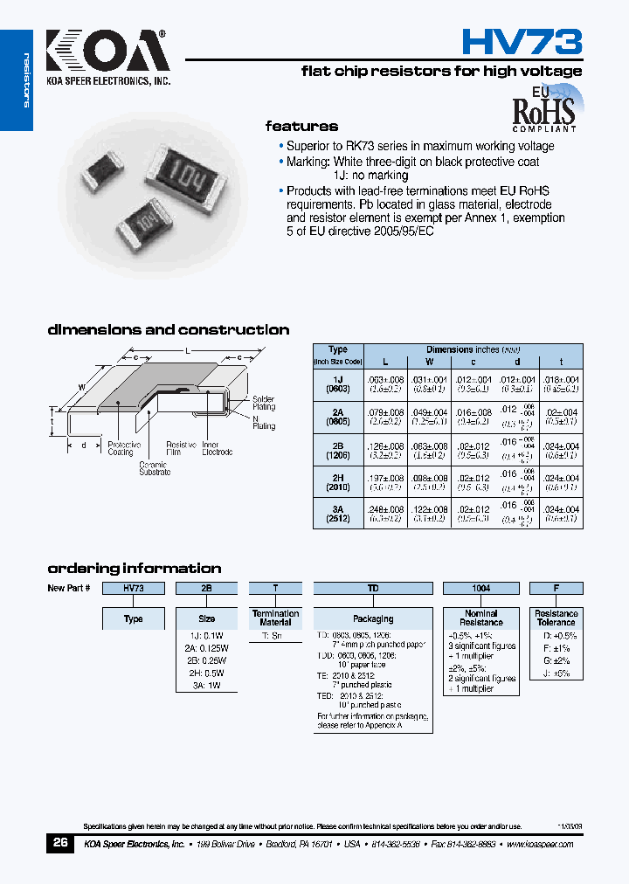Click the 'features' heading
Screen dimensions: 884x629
click(x=301, y=127)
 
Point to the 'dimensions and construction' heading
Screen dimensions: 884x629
click(x=168, y=330)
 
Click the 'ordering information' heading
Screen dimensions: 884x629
click(x=134, y=568)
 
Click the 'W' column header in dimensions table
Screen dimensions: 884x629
click(x=430, y=361)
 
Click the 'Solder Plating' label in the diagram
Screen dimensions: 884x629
click(x=263, y=403)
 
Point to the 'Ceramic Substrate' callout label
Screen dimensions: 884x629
click(x=155, y=468)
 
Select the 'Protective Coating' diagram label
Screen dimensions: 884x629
click(x=121, y=448)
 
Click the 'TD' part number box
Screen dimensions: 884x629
click(x=373, y=589)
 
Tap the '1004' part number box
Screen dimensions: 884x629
click(x=480, y=589)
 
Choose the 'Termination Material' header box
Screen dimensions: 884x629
click(x=276, y=618)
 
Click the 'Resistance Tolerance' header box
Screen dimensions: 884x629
click(x=556, y=618)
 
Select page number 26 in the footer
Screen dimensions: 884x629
click(x=60, y=844)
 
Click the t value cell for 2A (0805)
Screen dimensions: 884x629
click(x=561, y=417)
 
